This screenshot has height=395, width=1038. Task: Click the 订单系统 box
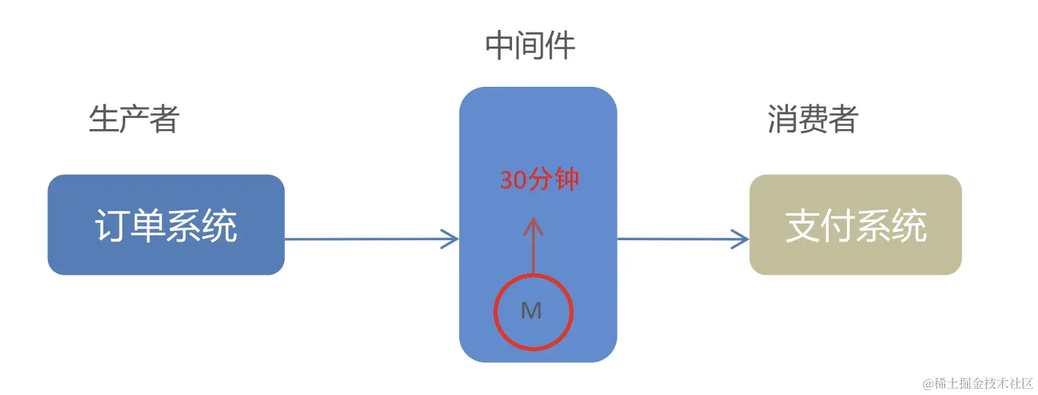coord(166,224)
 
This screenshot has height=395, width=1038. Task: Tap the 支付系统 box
coord(855,224)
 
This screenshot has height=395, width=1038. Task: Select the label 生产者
coord(134,119)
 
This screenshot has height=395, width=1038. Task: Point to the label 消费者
coord(812,119)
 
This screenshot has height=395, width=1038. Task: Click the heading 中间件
coord(530,47)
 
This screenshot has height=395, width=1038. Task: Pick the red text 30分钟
coord(539,180)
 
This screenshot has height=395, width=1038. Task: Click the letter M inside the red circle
coord(532,311)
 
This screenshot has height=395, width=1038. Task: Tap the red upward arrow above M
coord(534,246)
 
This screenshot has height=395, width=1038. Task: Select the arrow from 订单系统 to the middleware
coord(371,239)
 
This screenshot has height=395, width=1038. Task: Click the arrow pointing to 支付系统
coord(682,239)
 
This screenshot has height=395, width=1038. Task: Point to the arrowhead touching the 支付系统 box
coord(742,239)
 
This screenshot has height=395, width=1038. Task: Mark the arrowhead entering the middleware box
coord(452,239)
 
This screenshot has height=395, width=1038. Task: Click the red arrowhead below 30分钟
coord(534,224)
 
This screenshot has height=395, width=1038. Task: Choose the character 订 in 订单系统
coord(112,226)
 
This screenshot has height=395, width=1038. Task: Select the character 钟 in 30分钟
coord(566,180)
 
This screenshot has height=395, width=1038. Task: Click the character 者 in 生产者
coord(164,119)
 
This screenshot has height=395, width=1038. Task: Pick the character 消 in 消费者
coord(782,119)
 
